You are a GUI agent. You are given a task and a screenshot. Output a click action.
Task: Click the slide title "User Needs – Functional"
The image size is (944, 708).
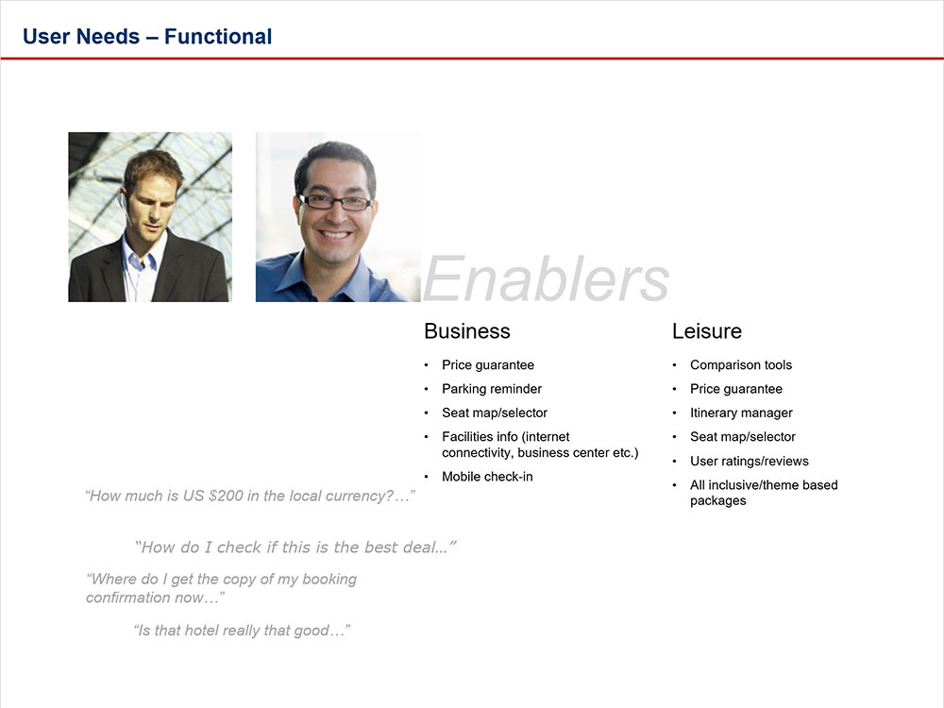147,37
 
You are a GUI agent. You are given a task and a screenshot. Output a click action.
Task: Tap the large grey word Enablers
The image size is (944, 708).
546,279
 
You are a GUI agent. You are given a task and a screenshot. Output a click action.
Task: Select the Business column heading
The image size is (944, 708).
466,331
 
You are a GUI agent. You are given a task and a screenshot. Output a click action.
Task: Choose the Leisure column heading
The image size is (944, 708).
706,331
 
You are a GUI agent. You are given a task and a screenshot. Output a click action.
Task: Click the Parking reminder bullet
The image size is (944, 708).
491,389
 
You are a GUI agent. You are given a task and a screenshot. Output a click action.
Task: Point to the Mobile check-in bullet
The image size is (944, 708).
486,477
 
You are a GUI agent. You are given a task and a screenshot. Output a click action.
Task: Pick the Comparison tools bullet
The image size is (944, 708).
740,365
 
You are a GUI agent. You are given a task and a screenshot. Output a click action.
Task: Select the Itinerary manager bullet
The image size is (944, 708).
741,413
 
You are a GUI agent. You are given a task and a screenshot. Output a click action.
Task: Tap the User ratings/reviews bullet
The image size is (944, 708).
749,461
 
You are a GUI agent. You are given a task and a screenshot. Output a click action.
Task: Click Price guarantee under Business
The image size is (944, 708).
487,365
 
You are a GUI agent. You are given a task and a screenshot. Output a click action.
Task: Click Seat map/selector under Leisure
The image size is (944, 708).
742,437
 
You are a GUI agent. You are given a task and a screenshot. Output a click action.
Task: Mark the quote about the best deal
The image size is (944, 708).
295,547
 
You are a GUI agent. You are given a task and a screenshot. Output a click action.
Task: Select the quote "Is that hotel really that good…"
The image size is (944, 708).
243,631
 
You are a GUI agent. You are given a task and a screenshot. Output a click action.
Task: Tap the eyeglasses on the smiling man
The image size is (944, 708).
335,202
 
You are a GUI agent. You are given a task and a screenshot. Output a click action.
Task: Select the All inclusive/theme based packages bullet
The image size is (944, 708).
763,493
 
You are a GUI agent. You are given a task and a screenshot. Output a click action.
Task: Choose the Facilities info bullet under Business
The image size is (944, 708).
539,445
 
